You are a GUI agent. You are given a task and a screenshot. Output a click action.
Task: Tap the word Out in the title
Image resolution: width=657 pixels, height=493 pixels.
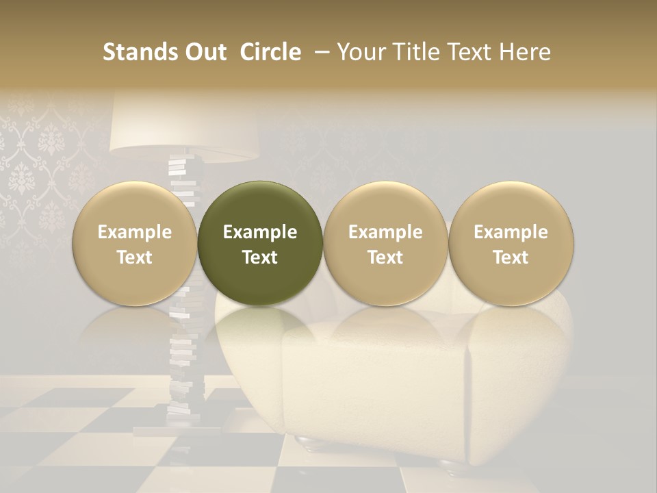(203, 52)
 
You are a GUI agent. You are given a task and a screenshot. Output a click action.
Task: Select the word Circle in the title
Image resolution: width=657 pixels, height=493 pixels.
(270, 52)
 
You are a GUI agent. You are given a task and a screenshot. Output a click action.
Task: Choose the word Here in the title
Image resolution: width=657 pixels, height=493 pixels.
(524, 52)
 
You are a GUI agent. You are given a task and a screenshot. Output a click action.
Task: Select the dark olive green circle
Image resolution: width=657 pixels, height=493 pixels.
(260, 243)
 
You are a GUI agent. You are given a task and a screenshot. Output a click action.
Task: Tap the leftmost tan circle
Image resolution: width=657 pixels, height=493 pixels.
(135, 243)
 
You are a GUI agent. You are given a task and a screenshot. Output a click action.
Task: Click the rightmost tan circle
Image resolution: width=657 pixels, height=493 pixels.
(511, 243)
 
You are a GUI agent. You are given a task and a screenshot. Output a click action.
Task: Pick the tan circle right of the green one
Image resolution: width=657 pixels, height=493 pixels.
(385, 243)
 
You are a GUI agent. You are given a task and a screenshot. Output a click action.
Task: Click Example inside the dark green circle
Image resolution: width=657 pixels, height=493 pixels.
(260, 232)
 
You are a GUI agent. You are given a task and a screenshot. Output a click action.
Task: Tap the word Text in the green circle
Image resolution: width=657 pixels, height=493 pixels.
(260, 257)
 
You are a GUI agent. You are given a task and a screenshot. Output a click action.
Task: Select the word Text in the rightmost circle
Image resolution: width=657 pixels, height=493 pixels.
(511, 257)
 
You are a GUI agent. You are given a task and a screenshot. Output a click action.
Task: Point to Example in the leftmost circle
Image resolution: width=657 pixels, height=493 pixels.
(135, 232)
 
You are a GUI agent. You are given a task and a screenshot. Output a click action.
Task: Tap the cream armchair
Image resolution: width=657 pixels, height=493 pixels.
(383, 383)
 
